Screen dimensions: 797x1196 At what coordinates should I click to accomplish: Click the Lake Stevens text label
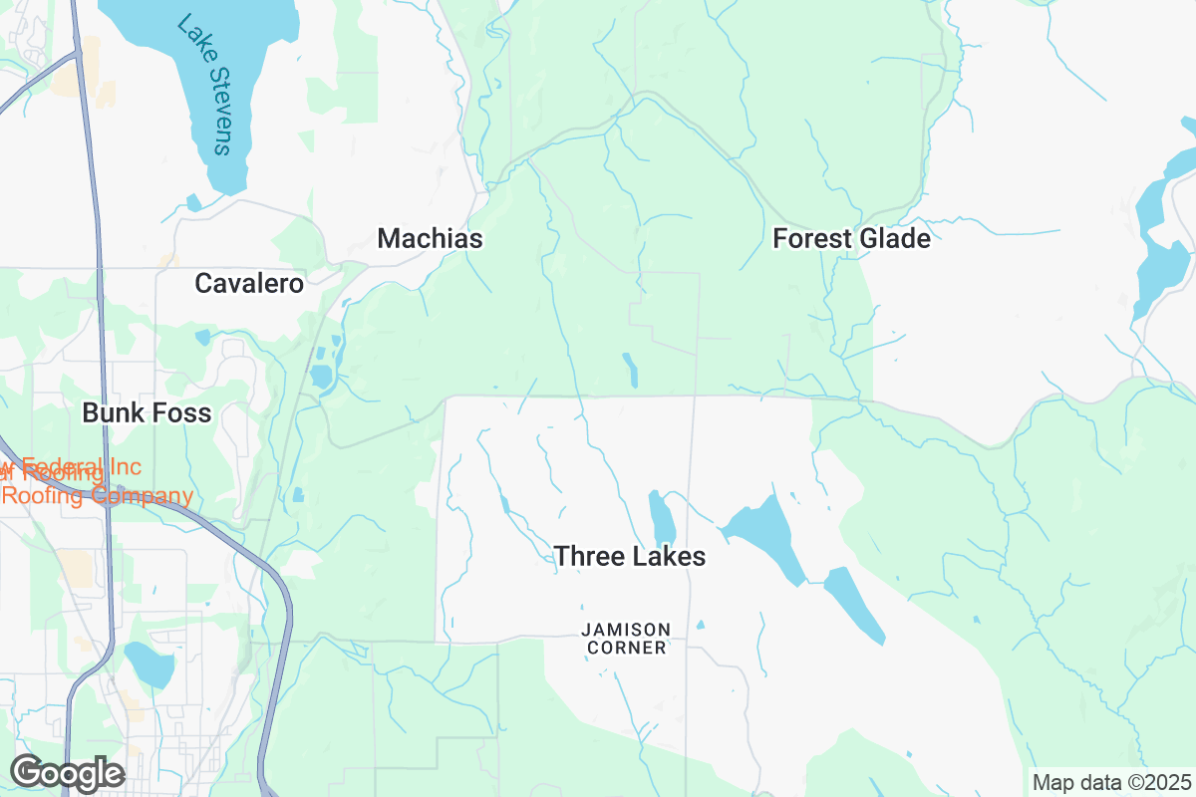(x=205, y=84)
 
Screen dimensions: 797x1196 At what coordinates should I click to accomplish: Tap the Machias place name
(x=430, y=239)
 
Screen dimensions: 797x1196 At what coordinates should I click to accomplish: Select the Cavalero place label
(x=249, y=284)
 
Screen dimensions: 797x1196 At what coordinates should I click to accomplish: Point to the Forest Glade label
(x=851, y=239)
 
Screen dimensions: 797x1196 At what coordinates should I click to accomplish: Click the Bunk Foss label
(x=147, y=412)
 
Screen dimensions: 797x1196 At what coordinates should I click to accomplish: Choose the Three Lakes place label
(x=629, y=557)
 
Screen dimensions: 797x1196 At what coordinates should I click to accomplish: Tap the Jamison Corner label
(x=626, y=638)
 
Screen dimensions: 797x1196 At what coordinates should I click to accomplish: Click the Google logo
(x=67, y=773)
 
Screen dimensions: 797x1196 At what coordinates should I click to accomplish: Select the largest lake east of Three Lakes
(x=767, y=533)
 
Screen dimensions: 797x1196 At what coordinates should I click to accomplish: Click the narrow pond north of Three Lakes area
(x=630, y=370)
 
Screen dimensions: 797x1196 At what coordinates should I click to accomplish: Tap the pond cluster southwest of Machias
(x=322, y=369)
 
